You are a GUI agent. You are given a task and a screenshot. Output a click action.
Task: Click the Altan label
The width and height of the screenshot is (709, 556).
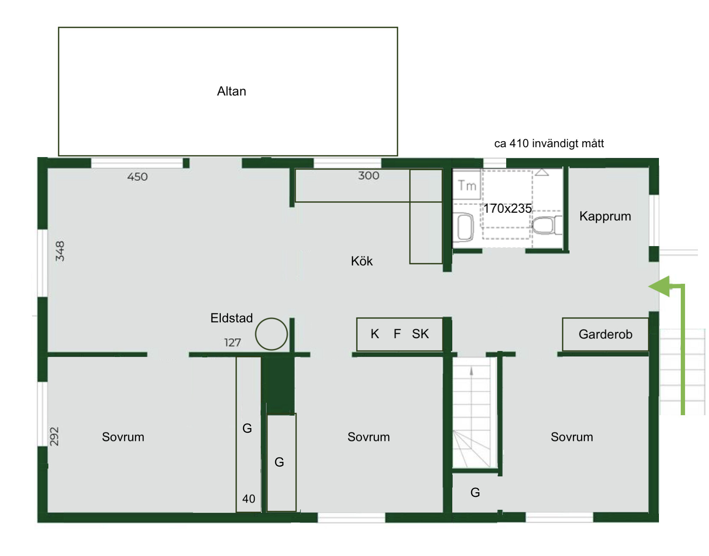[x=231, y=91]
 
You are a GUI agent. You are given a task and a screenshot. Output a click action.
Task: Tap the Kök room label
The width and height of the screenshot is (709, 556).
[x=362, y=261]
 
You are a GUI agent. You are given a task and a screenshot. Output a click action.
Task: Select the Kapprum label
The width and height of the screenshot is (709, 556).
[x=605, y=217]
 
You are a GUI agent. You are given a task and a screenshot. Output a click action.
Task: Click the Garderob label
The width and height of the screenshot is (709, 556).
[x=605, y=334]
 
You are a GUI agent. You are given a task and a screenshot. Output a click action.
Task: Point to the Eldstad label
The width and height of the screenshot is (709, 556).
[x=231, y=318]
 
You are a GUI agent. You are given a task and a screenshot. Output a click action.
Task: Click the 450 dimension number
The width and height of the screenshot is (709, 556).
[x=137, y=177]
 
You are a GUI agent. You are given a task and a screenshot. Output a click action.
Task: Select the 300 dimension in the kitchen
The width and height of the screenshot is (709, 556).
[x=369, y=175]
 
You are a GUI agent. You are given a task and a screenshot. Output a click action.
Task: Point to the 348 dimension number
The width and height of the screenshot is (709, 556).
[x=60, y=251]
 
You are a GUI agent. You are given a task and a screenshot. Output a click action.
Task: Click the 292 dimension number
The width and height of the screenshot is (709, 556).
[x=54, y=436]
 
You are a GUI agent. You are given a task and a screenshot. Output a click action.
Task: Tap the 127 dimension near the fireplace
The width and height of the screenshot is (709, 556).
[x=232, y=342]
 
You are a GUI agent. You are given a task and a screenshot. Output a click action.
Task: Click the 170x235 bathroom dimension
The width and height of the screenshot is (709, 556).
[x=507, y=208]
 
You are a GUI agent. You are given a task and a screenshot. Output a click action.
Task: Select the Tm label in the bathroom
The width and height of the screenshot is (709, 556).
[x=467, y=186]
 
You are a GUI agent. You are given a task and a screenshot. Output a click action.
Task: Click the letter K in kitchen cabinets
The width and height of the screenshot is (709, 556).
[x=375, y=334]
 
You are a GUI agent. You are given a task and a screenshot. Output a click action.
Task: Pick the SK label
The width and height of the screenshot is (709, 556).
[x=420, y=334]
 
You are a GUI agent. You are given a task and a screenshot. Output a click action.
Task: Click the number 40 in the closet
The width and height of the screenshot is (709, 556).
[x=249, y=499]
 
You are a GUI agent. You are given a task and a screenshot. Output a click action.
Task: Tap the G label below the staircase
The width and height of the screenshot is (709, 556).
[x=475, y=492]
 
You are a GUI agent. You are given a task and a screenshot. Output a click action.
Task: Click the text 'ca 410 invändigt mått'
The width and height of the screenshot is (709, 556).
[x=549, y=143]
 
